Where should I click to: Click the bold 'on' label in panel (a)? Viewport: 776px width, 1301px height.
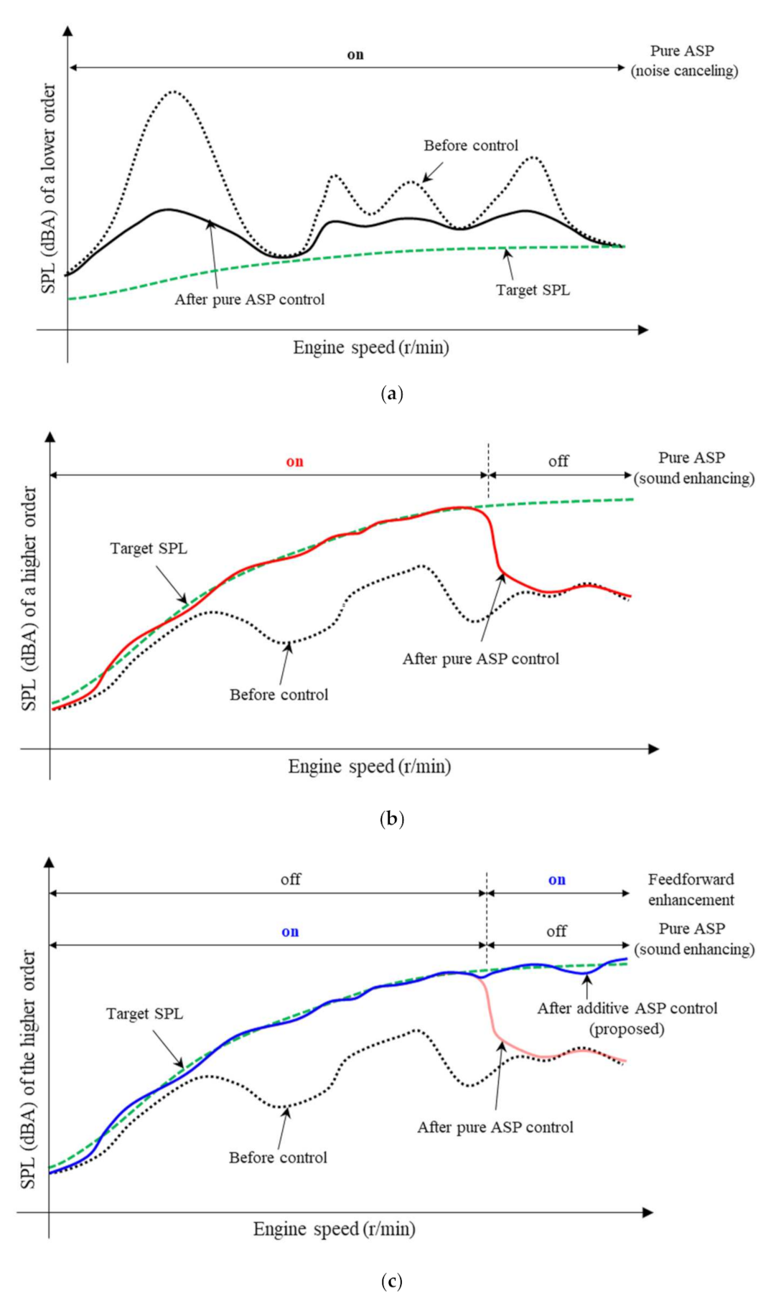tap(355, 55)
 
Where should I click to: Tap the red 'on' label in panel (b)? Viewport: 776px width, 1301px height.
tap(295, 461)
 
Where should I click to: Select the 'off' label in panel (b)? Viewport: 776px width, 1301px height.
tap(558, 461)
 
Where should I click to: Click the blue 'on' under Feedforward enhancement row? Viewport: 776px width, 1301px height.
tap(557, 880)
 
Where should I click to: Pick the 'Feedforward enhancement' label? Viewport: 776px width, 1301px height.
tap(691, 889)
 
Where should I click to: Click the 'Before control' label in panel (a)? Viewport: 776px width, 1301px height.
tap(471, 146)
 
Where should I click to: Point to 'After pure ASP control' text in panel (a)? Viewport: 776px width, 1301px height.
tap(250, 299)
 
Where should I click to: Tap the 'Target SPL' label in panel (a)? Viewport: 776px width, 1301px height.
tap(533, 290)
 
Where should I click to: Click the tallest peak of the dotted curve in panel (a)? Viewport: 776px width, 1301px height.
tap(173, 92)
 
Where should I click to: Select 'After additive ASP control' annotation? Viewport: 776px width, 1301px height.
tap(627, 1008)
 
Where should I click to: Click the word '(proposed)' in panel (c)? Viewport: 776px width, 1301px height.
tap(627, 1029)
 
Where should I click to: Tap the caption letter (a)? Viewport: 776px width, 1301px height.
tap(392, 393)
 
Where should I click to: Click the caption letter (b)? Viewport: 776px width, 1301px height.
tap(392, 819)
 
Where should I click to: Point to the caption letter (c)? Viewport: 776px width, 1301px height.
tap(392, 1281)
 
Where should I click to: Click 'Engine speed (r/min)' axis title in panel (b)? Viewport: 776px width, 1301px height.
tap(370, 766)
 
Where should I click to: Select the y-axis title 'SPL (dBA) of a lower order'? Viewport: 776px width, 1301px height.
tap(48, 188)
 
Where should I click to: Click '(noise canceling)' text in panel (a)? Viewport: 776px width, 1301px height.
tap(684, 71)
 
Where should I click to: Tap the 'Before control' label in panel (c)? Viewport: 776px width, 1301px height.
tap(278, 1157)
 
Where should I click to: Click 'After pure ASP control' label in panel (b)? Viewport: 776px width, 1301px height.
tap(480, 659)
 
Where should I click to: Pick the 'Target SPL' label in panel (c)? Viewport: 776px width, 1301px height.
tap(144, 1014)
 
